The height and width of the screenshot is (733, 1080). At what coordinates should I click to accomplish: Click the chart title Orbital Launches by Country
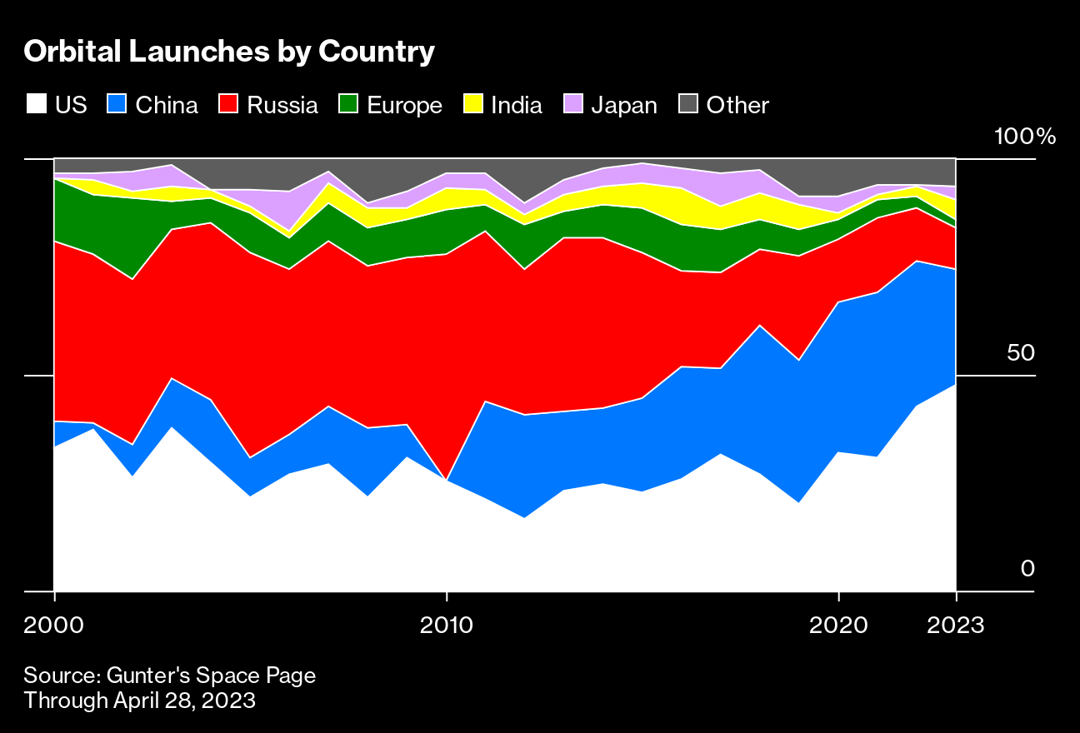pos(229,52)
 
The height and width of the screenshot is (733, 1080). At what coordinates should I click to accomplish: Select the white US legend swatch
pos(36,104)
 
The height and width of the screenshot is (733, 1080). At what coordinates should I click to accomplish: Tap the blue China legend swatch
pos(117,104)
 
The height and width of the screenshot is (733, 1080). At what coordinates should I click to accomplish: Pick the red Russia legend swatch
pos(228,104)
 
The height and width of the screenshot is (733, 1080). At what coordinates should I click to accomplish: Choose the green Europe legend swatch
pos(348,104)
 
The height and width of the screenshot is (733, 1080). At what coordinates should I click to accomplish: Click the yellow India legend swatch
pos(472,104)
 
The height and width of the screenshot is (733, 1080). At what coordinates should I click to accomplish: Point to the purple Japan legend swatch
pos(572,104)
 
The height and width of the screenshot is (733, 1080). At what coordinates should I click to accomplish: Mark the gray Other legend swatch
pos(687,104)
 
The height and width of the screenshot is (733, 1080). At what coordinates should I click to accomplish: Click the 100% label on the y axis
pos(1025,137)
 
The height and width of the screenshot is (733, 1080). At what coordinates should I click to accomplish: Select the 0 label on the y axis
pos(1027,569)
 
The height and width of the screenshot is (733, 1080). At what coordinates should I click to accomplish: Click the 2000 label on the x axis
pos(54,625)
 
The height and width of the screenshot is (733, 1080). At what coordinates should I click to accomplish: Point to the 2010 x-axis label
pos(447,625)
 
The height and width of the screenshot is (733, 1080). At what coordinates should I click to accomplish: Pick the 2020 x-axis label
pos(838,625)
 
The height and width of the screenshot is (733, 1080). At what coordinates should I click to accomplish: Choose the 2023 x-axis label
pos(956,625)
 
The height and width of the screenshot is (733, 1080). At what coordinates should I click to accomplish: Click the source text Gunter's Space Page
pos(170,675)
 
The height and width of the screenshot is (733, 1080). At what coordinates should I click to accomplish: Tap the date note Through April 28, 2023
pos(139,701)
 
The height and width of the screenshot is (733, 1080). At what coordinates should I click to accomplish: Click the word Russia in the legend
pos(282,105)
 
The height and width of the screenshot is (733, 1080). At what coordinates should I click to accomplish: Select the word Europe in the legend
pos(404,105)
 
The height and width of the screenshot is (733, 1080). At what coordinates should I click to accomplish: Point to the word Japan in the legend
pos(624,105)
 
